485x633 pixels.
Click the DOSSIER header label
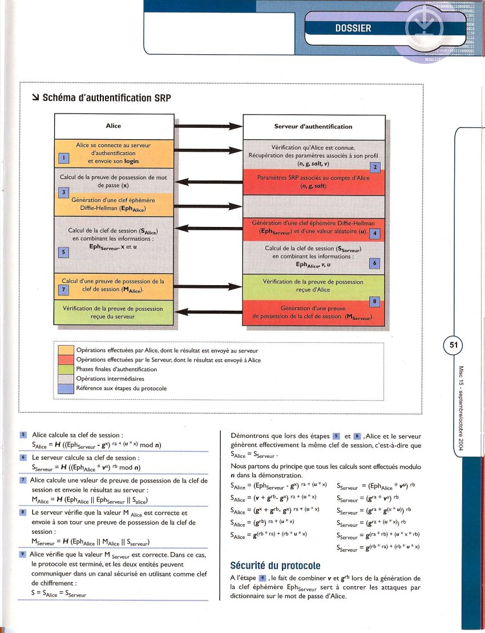pos(353,28)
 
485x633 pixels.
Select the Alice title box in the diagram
pos(114,126)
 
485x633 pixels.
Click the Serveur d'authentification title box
pos(314,126)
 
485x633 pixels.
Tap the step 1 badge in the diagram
pos(64,157)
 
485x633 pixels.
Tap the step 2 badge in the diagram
pos(375,167)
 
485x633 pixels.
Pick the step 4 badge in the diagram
pos(374,234)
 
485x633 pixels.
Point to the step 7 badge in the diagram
pos(64,289)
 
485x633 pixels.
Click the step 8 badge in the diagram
pos(374,301)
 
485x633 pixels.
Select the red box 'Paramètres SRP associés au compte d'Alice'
pos(314,182)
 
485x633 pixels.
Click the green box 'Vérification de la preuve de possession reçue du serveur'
pos(114,313)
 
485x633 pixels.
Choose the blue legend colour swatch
pos(66,388)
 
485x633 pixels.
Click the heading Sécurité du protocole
pos(275,566)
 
